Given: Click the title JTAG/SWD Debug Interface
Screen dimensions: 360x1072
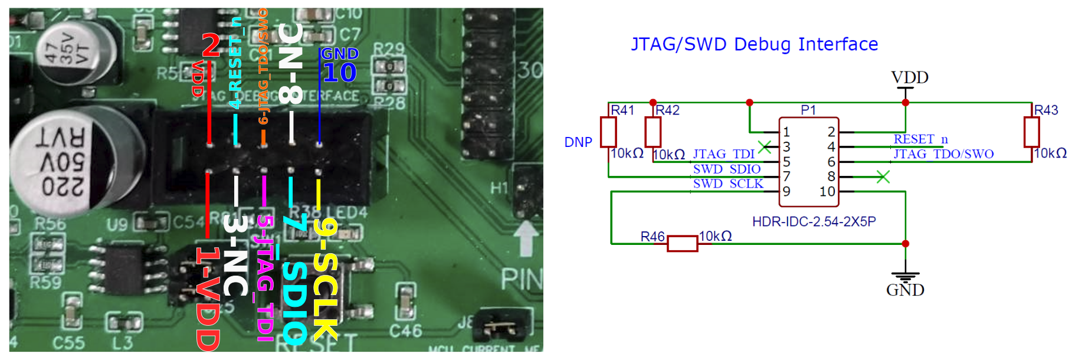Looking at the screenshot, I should pyautogui.click(x=754, y=44).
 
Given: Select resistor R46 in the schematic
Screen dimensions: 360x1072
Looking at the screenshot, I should pyautogui.click(x=682, y=243).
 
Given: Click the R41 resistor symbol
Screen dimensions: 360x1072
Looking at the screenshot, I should pyautogui.click(x=608, y=132).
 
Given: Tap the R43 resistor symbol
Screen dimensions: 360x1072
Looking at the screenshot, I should pyautogui.click(x=1031, y=132).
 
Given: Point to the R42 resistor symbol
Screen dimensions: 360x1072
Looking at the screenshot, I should pyautogui.click(x=653, y=132).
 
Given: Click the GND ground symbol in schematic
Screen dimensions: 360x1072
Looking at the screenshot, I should pyautogui.click(x=905, y=277).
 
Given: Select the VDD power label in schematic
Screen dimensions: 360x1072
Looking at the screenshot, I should pyautogui.click(x=909, y=77).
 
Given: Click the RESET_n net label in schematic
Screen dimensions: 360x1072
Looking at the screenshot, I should pyautogui.click(x=920, y=139).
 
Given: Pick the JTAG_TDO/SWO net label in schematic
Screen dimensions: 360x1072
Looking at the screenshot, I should pyautogui.click(x=943, y=154).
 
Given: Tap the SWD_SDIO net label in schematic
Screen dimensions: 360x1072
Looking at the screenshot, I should pyautogui.click(x=726, y=169).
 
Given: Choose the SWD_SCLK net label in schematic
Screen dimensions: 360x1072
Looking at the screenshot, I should pyautogui.click(x=727, y=184).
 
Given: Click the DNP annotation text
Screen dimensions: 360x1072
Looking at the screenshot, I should pyautogui.click(x=578, y=142).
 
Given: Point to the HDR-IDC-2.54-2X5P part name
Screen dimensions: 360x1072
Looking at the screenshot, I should pyautogui.click(x=814, y=221).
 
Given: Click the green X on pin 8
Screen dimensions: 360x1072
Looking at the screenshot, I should pyautogui.click(x=883, y=176).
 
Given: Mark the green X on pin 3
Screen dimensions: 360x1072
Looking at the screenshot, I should pyautogui.click(x=765, y=147).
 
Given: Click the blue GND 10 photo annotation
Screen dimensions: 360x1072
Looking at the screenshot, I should pyautogui.click(x=339, y=66).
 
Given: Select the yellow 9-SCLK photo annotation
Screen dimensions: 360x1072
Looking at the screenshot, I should pyautogui.click(x=324, y=277).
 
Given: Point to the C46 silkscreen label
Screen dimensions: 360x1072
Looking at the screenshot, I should pyautogui.click(x=405, y=331).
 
